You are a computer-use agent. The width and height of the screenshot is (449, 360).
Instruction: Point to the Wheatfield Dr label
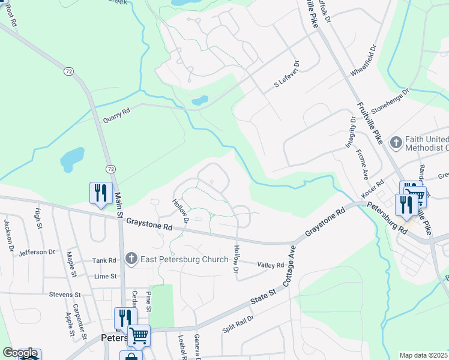point(367,60)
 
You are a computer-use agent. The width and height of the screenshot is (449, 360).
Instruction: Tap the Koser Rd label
point(372,190)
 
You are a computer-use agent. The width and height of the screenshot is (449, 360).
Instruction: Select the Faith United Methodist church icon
point(396,142)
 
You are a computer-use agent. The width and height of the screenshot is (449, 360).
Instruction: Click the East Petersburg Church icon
point(131,259)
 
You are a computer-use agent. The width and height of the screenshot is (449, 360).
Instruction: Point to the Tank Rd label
point(104,260)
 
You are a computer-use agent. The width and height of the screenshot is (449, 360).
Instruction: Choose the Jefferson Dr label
point(37,253)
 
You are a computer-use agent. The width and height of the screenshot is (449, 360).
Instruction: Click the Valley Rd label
point(270,265)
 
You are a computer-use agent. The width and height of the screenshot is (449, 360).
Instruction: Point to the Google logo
point(20,353)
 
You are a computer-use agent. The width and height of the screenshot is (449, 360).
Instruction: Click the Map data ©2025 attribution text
point(423,355)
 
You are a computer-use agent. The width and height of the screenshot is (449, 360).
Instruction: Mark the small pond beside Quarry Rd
point(200,101)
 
